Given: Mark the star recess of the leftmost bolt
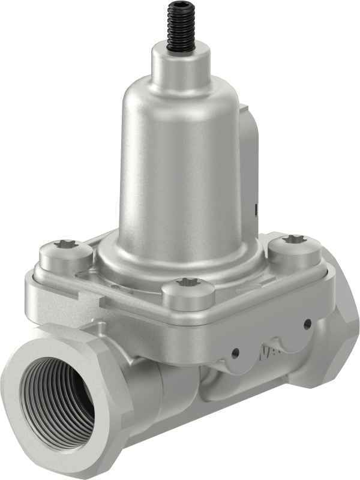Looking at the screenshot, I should pos(65,244).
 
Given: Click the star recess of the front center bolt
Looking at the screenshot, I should pos(188,281).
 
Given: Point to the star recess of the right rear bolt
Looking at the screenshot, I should pos(294,239).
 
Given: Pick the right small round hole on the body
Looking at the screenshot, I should pos(307,324).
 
